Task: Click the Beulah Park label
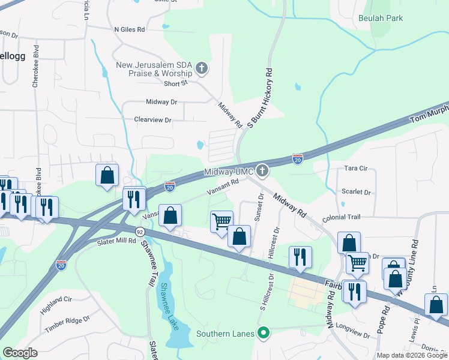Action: coord(380,19)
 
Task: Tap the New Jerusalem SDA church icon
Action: coord(202,68)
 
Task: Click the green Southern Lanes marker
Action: coord(262,332)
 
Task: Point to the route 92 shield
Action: coord(140,232)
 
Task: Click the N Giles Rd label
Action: coord(129,29)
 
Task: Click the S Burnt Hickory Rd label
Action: coord(261,98)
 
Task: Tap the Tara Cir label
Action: coord(355,169)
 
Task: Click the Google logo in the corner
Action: coord(20,353)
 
